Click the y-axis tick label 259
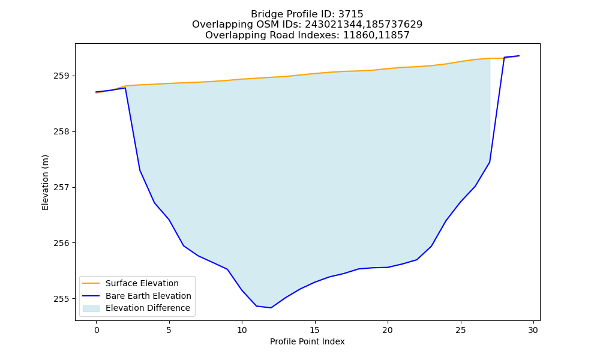click(x=61, y=76)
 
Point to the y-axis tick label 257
click(x=61, y=187)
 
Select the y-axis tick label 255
click(x=61, y=299)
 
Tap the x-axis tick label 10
click(x=242, y=330)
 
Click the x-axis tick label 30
click(x=533, y=330)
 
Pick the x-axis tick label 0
click(x=97, y=330)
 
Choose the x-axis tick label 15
click(x=315, y=330)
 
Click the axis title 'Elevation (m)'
click(x=45, y=182)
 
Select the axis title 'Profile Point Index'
click(x=307, y=341)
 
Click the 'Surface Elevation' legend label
click(x=142, y=283)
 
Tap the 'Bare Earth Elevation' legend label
click(x=148, y=296)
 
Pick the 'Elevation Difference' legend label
click(x=148, y=308)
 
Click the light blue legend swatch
click(x=91, y=308)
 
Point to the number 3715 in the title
click(x=351, y=14)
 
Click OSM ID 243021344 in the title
click(x=333, y=25)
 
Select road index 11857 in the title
click(x=393, y=35)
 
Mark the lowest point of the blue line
click(x=271, y=308)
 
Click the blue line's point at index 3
click(x=140, y=170)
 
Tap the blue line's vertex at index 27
click(x=490, y=162)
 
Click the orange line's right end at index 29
click(x=519, y=56)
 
